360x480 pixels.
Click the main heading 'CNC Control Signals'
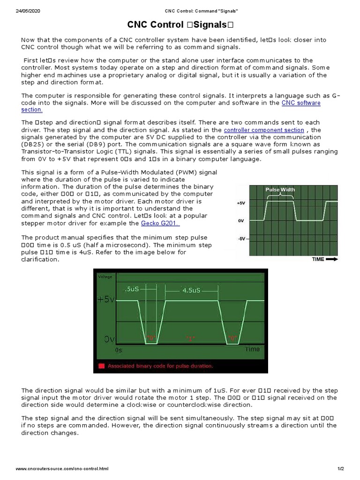(180, 25)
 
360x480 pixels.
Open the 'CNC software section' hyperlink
(301, 103)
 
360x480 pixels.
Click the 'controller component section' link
(264, 130)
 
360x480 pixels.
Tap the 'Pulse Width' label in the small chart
(280, 189)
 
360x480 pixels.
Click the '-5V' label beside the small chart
(241, 239)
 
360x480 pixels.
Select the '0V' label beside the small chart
(241, 221)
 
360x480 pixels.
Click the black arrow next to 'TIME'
(332, 259)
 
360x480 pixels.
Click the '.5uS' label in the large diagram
(131, 289)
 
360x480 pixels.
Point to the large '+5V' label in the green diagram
(105, 300)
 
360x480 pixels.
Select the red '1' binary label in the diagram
(190, 337)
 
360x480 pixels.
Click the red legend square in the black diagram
(101, 366)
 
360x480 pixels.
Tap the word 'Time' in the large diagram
(252, 349)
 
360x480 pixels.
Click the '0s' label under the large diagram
(119, 350)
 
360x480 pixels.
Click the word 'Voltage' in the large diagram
(105, 277)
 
